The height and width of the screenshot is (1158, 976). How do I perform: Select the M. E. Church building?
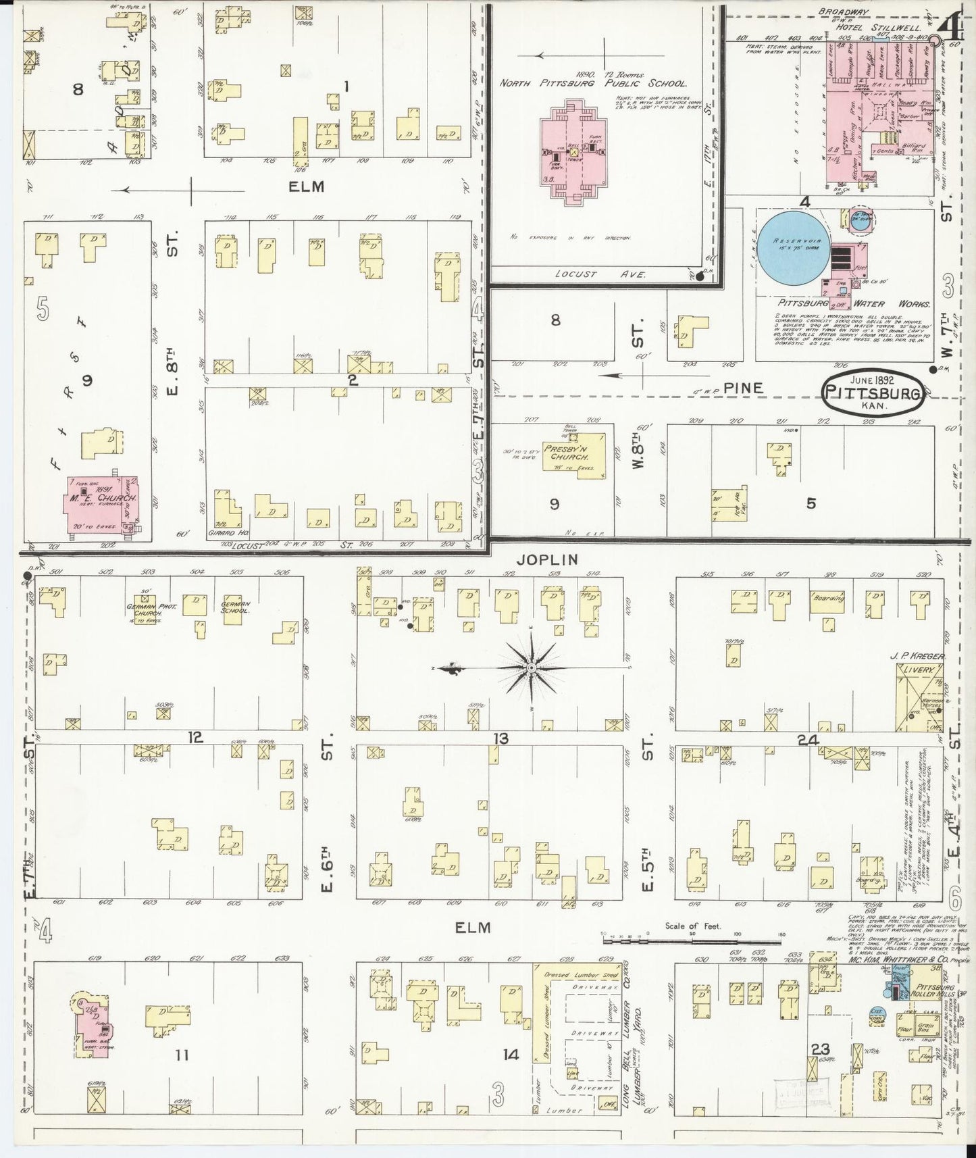coord(102,505)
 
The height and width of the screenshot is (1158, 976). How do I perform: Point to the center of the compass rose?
coord(532,668)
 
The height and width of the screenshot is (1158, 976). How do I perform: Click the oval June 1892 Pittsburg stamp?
coord(873,391)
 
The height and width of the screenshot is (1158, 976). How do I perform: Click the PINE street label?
coord(743,388)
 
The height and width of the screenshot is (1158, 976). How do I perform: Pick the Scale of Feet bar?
coord(692,938)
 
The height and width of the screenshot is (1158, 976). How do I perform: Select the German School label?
coord(236,606)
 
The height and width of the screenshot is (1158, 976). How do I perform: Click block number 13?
coord(500,738)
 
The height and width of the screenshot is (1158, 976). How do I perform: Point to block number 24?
coord(808,740)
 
